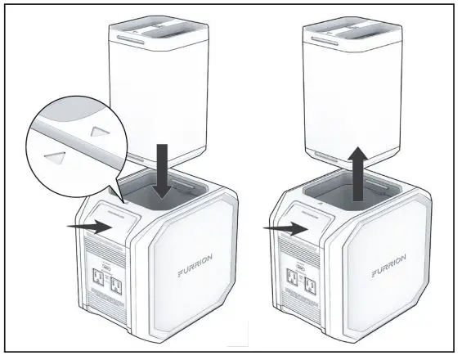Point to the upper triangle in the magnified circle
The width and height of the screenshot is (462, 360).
pos(99,129)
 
